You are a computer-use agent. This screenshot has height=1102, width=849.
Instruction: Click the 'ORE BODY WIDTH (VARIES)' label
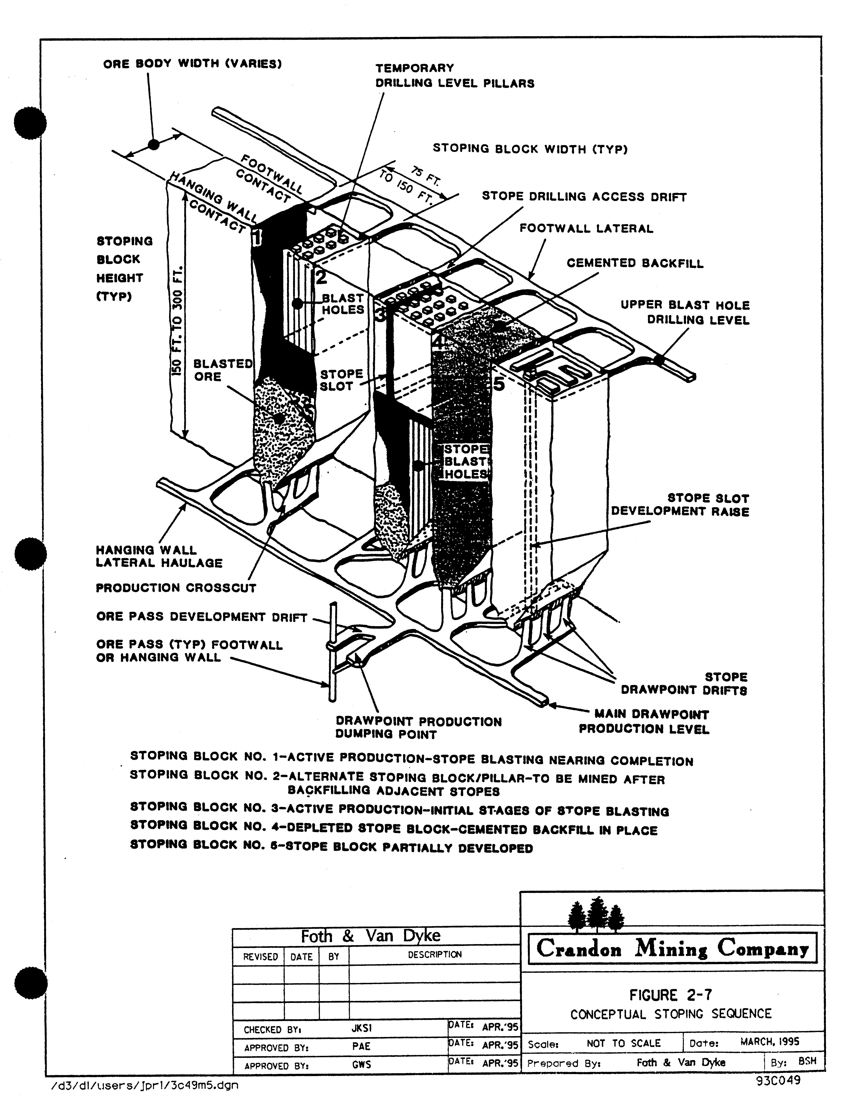[x=192, y=64]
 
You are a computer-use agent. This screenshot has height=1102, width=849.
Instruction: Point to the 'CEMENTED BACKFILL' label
[x=635, y=263]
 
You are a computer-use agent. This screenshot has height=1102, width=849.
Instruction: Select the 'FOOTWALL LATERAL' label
[x=586, y=229]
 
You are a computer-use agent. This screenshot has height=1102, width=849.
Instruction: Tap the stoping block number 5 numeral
[x=498, y=384]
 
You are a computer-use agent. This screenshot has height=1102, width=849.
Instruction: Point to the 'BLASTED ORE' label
[x=223, y=370]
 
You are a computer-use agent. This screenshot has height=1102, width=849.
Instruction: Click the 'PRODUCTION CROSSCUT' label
[x=176, y=588]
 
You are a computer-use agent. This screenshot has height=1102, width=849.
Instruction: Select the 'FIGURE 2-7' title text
[x=670, y=995]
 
